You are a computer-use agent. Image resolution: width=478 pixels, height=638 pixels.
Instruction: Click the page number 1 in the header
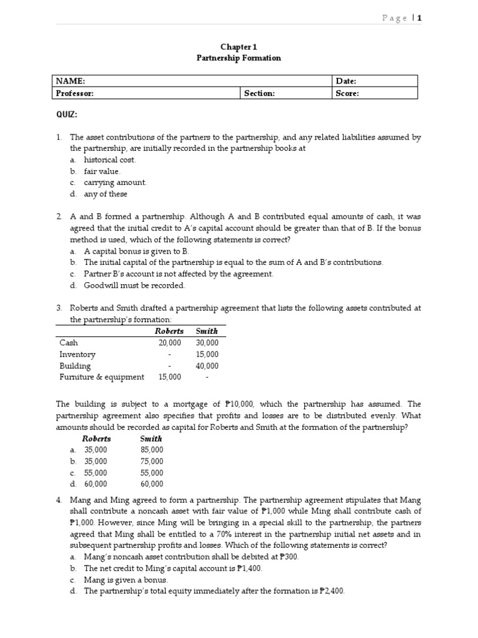coord(419,18)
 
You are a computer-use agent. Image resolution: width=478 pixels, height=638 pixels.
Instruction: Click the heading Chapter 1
coord(239,47)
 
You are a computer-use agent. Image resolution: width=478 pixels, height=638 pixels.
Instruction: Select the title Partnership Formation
coord(239,58)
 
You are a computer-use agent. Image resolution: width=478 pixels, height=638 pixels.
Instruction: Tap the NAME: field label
coord(70,81)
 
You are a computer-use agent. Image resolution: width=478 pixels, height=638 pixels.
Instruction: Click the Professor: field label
coord(75,93)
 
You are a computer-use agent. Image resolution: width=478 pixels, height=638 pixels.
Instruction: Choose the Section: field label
coord(260,93)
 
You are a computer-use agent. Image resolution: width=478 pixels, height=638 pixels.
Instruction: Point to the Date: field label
coord(346,81)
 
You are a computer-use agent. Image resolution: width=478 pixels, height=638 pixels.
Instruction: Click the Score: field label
coord(347,93)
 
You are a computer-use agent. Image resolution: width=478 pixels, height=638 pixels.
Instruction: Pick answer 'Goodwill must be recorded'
coord(134,285)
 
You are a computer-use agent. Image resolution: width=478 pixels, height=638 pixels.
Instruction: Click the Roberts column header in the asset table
coord(169,331)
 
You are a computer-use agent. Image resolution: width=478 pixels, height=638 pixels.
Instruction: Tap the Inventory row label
coord(77,354)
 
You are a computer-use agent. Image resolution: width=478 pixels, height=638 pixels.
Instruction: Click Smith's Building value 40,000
coord(207,366)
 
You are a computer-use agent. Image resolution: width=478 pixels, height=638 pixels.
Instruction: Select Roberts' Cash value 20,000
coord(169,343)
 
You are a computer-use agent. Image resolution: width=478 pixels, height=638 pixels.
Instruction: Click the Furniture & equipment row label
coord(101,377)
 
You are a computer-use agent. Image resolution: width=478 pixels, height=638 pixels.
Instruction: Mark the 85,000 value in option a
coord(152,449)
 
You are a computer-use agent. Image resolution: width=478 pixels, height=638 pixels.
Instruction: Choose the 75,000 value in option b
coord(152,461)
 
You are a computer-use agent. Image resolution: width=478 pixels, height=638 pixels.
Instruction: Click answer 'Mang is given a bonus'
coord(126,579)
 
